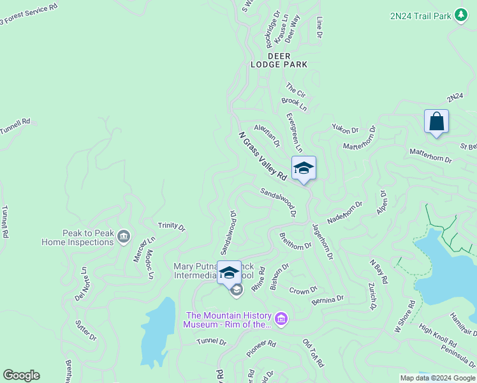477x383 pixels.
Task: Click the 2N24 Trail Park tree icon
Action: (461, 15)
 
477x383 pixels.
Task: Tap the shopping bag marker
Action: (436, 121)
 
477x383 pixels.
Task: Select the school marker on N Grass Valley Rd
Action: (304, 168)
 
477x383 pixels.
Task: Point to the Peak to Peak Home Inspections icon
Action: (124, 236)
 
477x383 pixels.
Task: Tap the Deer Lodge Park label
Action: (279, 60)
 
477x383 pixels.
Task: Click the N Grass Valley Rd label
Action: (262, 156)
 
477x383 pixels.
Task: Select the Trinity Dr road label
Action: (172, 227)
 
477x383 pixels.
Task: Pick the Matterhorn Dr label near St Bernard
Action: (430, 155)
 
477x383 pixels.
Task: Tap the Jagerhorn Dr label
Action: (323, 240)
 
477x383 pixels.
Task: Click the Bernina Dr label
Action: (328, 299)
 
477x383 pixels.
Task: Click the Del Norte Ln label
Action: (81, 284)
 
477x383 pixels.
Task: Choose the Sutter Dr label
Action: (85, 329)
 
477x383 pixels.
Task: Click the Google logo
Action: (21, 375)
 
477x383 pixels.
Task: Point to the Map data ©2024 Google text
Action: (437, 377)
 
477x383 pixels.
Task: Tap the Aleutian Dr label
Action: (267, 135)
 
